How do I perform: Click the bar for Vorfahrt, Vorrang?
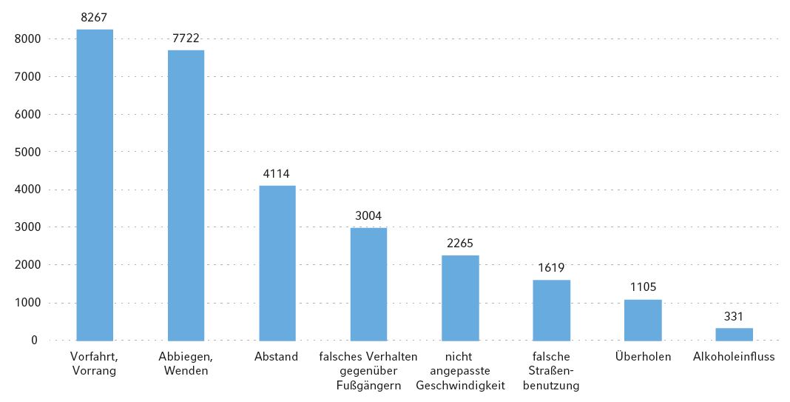[95, 185]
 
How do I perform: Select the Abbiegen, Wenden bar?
[186, 195]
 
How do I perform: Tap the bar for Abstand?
[277, 263]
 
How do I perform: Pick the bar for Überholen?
[643, 320]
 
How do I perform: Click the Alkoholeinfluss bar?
[734, 334]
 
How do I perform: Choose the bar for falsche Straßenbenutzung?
[551, 310]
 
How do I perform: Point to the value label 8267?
[95, 16]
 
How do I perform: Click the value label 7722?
[186, 37]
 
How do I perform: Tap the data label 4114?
[277, 173]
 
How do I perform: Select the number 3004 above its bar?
[368, 215]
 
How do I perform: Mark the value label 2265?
[459, 243]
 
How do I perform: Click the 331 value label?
[734, 316]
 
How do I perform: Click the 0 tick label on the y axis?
[34, 341]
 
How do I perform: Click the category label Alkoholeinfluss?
[734, 357]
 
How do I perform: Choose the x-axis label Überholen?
[643, 357]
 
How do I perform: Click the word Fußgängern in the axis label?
[368, 385]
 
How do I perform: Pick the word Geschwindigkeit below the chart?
[460, 385]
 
